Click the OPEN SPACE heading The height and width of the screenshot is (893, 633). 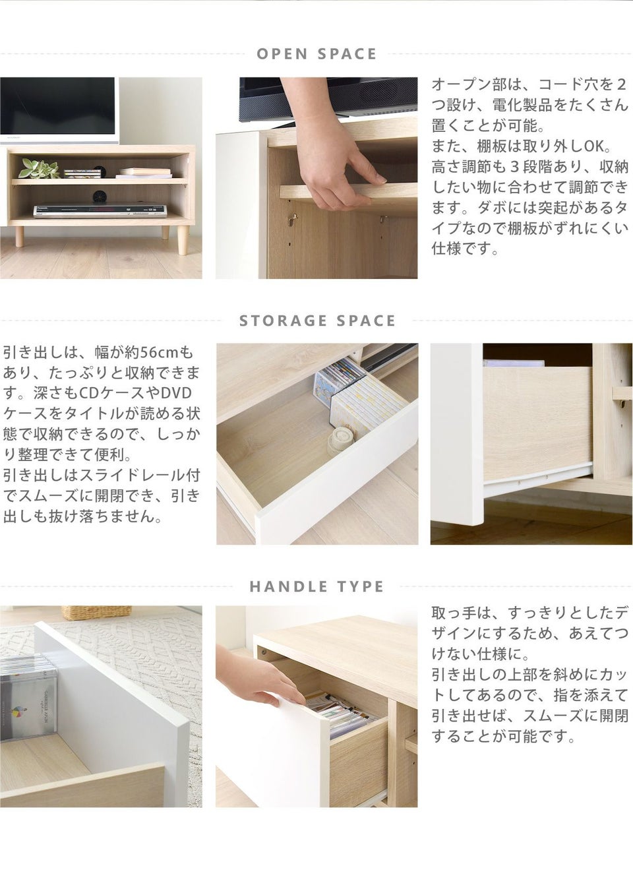316,54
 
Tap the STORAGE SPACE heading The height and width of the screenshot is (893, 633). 317,321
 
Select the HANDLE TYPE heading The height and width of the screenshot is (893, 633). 316,586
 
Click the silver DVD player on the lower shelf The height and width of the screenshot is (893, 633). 100,211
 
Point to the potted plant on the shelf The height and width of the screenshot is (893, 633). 38,168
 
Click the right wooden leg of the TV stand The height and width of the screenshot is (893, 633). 182,240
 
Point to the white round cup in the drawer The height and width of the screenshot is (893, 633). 340,440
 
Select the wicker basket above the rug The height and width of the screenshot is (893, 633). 96,612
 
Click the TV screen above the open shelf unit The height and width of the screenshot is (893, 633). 58,106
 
